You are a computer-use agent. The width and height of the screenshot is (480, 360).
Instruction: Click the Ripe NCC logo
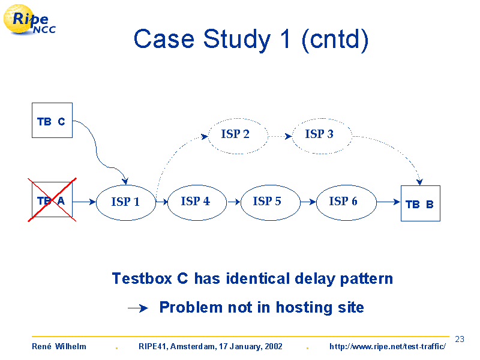29,20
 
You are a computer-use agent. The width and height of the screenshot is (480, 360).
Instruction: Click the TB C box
52,121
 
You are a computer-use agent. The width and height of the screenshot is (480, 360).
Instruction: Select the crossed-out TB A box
52,200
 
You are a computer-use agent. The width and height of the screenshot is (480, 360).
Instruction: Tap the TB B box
421,203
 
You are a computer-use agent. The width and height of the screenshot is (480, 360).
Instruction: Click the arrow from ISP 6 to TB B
388,202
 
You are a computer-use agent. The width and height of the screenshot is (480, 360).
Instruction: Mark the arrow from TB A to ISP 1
84,202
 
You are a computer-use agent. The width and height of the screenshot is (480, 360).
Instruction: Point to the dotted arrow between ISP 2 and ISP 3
280,136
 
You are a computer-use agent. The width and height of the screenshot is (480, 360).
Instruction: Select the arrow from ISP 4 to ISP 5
234,202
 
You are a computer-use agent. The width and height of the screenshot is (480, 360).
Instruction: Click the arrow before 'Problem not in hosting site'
138,308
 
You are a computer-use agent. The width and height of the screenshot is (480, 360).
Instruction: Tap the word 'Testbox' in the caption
142,279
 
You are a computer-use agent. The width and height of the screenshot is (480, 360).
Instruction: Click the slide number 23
460,339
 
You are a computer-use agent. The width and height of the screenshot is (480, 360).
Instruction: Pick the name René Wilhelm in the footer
59,347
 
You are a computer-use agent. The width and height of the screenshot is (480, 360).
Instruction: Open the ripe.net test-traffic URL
388,347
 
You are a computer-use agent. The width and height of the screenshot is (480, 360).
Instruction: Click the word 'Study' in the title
237,40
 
